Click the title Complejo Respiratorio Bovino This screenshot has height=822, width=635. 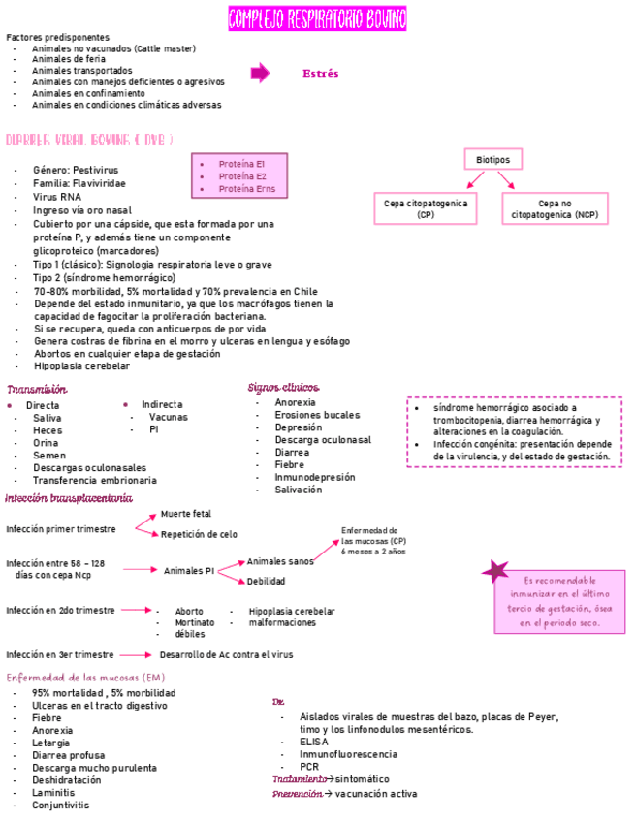coord(317,18)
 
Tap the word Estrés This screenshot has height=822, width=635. coord(320,74)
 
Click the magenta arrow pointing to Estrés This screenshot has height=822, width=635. coord(260,73)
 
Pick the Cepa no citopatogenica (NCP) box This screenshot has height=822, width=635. coord(555,208)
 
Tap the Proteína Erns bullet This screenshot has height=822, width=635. coord(246,189)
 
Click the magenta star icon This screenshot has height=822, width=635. coord(496,572)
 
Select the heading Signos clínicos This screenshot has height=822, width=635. coord(283,388)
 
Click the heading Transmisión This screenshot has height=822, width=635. coord(36,389)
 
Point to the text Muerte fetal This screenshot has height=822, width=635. coord(185,514)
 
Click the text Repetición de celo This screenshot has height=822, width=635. coord(199,534)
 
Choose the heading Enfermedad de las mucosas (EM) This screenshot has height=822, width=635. coord(85,677)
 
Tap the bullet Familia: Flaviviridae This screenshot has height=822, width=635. coord(79,183)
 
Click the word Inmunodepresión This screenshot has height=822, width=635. coord(314,477)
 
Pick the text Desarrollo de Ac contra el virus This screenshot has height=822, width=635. coord(226,655)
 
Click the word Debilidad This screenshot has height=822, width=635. coord(266,582)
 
